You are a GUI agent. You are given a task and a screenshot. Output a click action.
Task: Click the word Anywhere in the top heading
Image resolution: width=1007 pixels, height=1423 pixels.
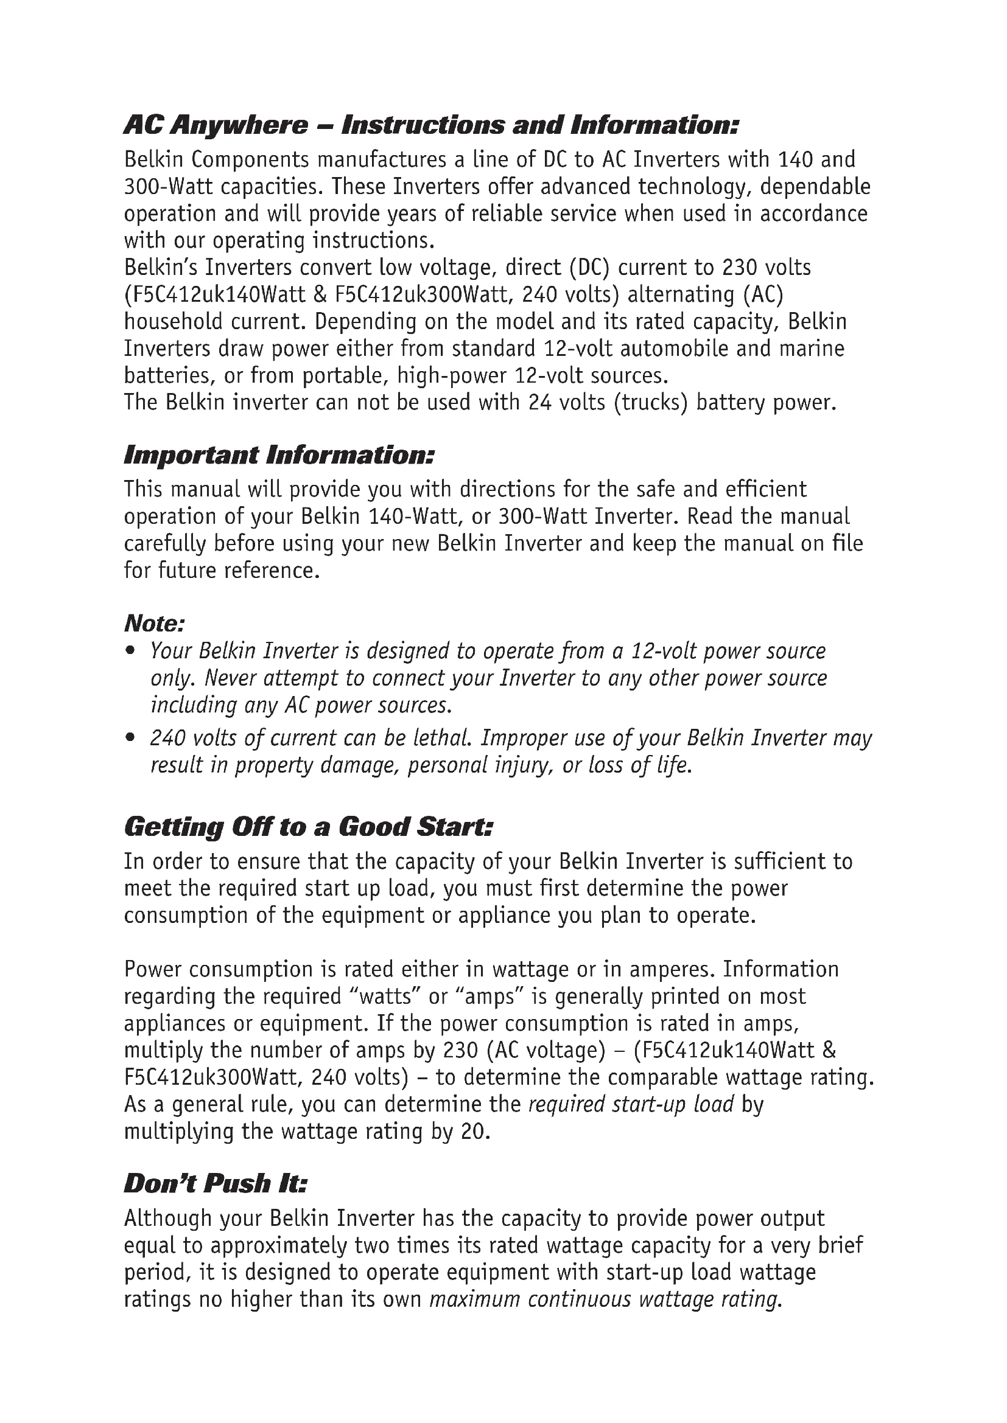239,126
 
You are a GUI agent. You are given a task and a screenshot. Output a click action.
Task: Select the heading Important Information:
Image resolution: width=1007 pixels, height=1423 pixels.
278,456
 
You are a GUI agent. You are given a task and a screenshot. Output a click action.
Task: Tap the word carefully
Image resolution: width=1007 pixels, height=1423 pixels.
165,543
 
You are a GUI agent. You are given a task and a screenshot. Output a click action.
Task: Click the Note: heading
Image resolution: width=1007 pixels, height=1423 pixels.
155,623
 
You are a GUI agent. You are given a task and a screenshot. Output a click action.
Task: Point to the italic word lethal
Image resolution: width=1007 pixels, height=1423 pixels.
444,738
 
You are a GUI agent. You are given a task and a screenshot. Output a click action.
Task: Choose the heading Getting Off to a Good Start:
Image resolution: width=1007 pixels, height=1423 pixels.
308,827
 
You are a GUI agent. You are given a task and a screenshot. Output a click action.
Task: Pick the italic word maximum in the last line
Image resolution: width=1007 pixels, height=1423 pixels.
474,1299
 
